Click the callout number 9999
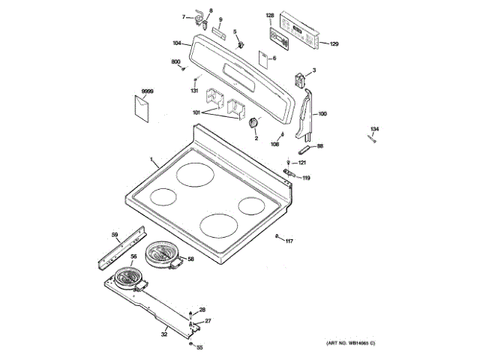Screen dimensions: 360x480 point(147,91)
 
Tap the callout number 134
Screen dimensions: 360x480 point(374,130)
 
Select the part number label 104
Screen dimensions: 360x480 point(177,43)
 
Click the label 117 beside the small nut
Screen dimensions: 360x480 point(289,240)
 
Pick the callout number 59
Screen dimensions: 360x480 point(115,235)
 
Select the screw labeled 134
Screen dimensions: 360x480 point(371,139)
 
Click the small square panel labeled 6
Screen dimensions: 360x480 point(262,58)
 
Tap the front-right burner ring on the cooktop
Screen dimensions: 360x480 point(217,223)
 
